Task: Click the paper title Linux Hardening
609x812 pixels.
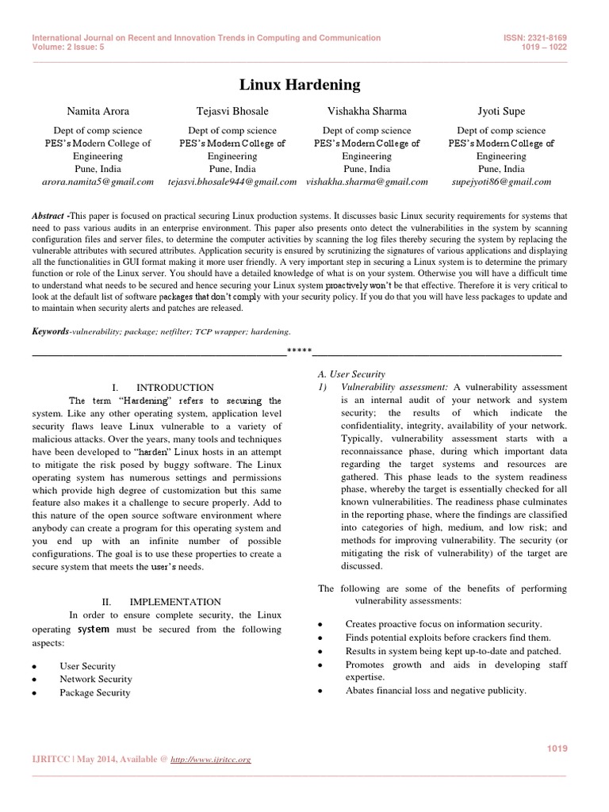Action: pos(300,84)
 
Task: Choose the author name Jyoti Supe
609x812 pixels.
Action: pos(500,111)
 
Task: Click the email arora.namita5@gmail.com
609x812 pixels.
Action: pos(98,182)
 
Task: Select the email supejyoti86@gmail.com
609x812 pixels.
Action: pos(500,182)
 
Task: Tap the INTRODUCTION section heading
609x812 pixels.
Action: pos(174,388)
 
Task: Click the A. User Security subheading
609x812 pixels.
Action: pos(350,373)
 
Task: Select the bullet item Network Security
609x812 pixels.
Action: pos(96,679)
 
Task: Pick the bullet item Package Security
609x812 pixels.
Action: pos(95,692)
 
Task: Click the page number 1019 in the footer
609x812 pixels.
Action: pos(558,749)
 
